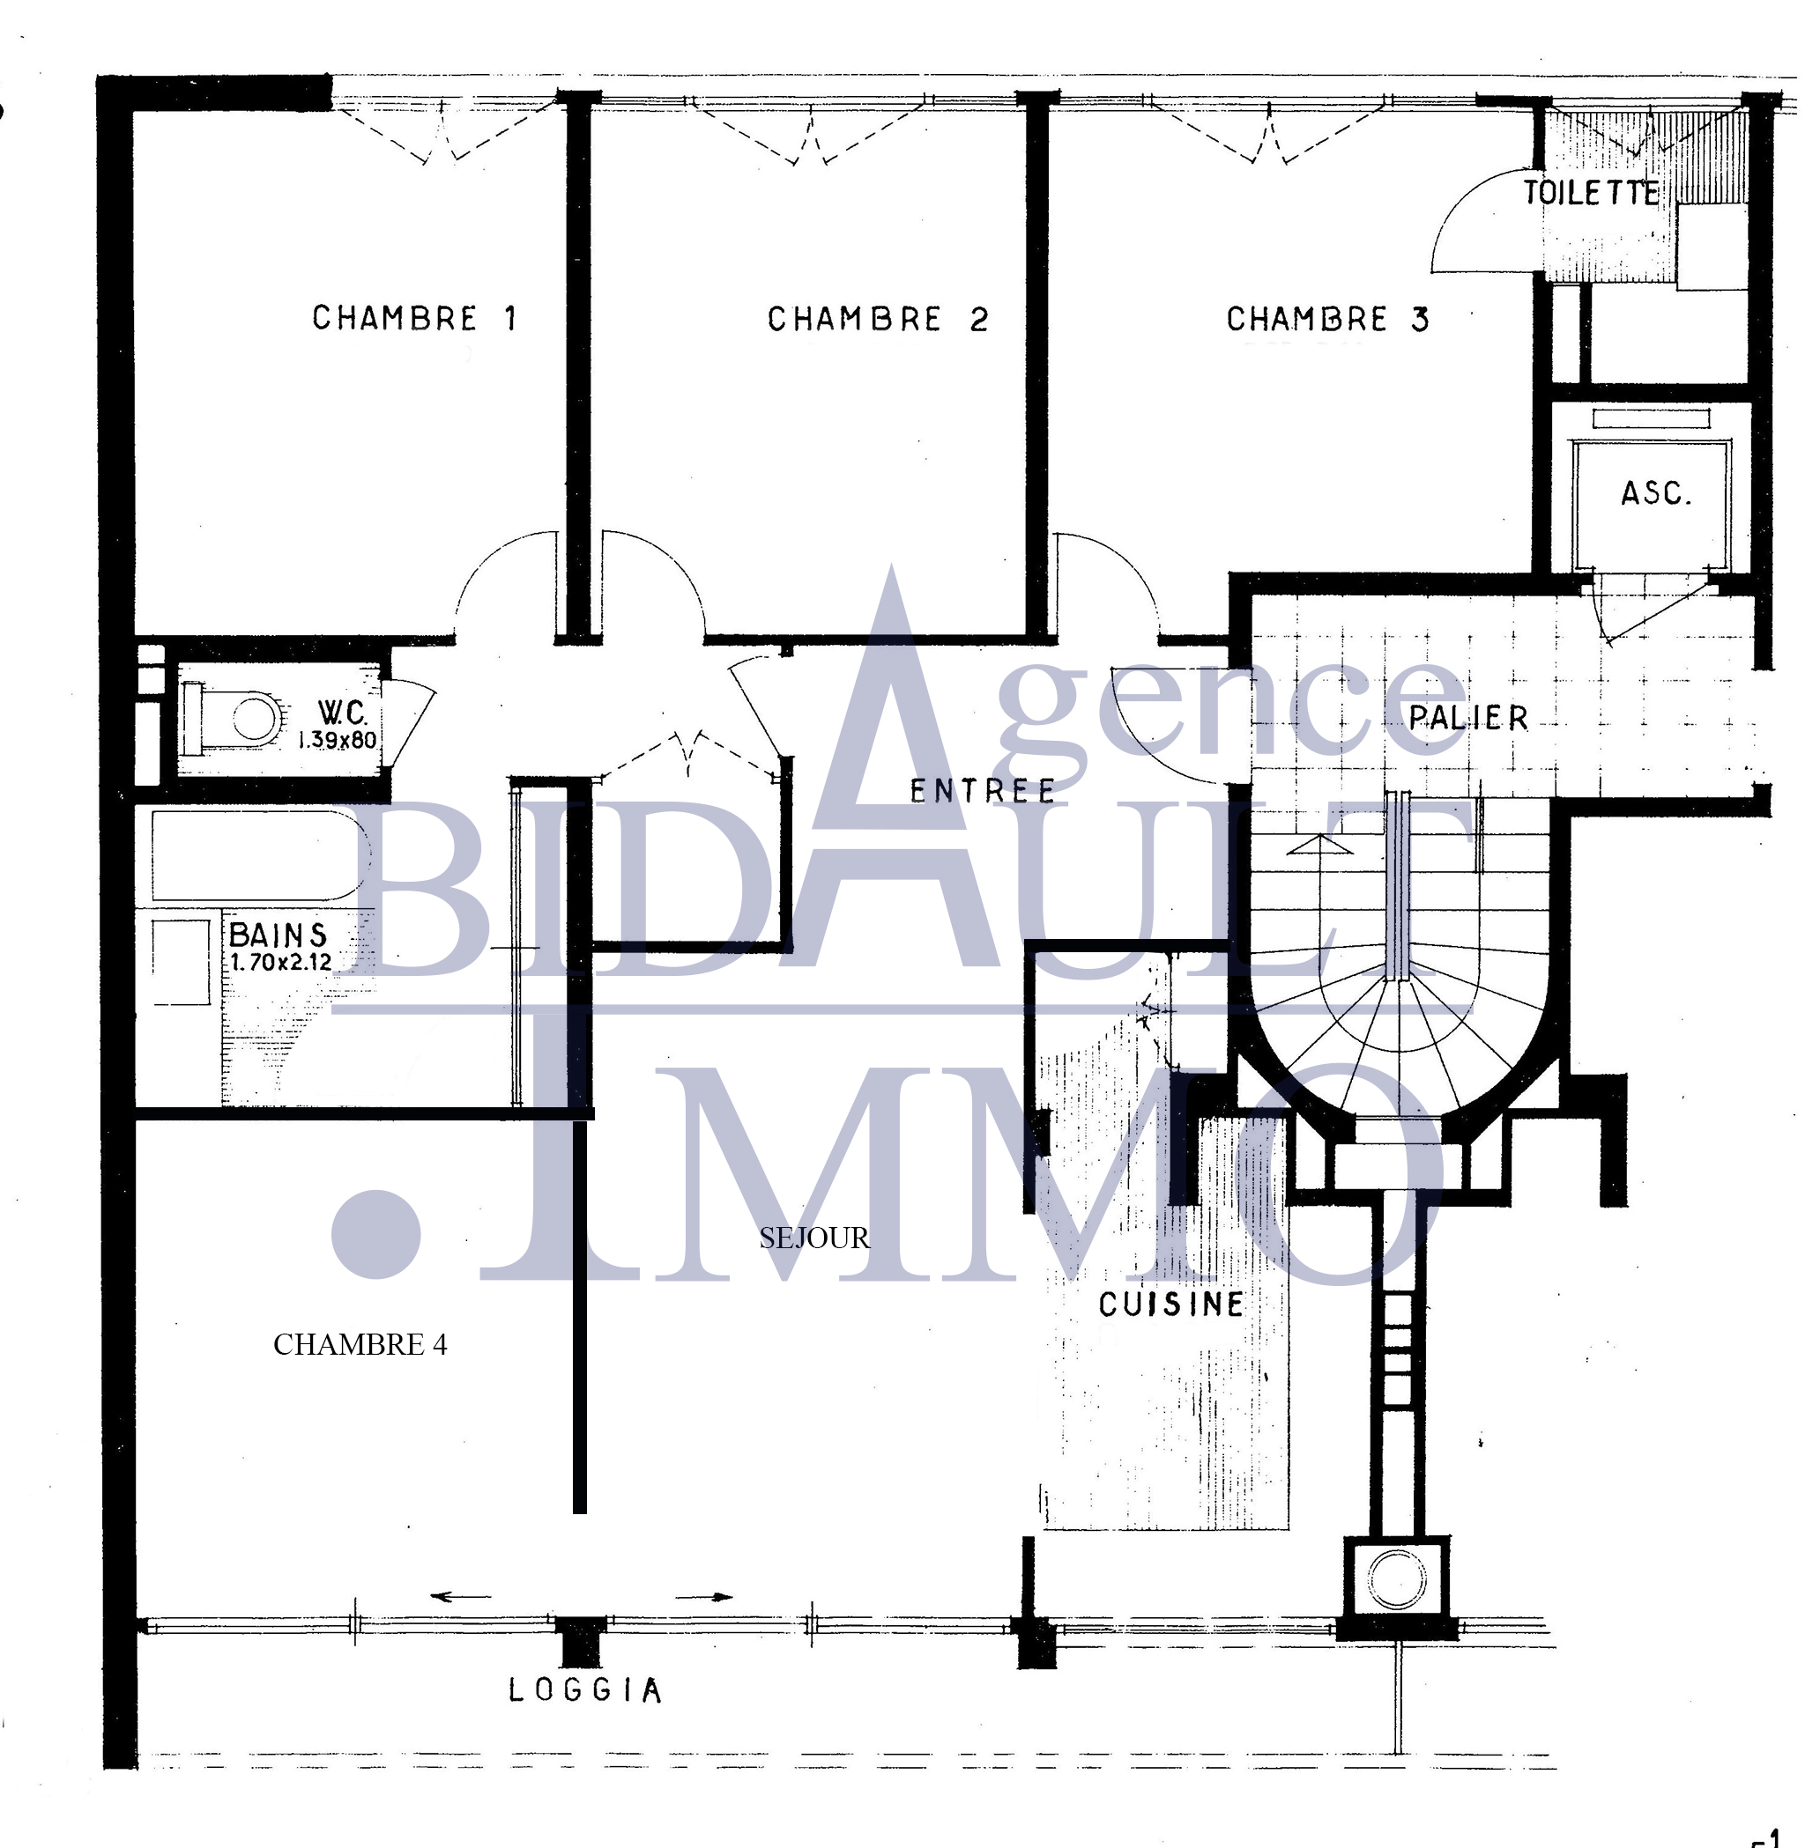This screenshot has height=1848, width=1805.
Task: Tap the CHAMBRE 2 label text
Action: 878,320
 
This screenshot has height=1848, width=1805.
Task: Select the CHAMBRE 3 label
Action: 1327,320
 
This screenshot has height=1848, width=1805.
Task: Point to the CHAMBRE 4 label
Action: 360,1345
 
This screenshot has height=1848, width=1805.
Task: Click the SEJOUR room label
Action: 814,1238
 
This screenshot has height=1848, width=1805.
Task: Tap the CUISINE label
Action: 1171,1305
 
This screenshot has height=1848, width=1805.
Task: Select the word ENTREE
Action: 983,791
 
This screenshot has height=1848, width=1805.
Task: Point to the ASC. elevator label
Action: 1656,492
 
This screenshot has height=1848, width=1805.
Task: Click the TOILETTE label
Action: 1592,193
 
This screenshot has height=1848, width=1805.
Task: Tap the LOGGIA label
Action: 585,1689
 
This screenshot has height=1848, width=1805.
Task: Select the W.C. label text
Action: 342,712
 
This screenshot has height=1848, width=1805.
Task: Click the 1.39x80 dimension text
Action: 338,740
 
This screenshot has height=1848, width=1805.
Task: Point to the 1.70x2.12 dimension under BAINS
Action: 280,963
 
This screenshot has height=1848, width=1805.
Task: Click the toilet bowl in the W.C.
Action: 245,716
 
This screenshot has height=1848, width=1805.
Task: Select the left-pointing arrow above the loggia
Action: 461,1597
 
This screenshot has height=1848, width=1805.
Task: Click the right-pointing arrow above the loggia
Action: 702,1597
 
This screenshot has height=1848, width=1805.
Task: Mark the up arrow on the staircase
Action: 1318,845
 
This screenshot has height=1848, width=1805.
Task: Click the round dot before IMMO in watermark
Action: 376,1234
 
